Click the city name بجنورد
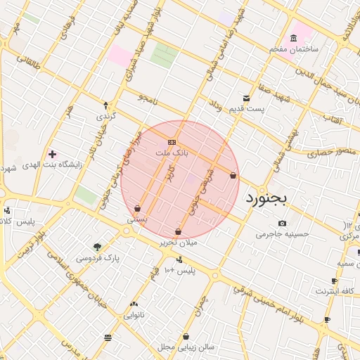click(267, 199)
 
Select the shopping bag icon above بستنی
click(138, 208)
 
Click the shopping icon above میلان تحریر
click(178, 231)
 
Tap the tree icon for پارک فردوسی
click(97, 247)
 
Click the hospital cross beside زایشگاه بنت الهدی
click(52, 153)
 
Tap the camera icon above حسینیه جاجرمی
click(282, 223)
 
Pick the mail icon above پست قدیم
click(246, 98)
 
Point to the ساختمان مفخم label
click(294, 49)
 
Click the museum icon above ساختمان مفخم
click(293, 38)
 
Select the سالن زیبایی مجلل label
click(186, 347)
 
